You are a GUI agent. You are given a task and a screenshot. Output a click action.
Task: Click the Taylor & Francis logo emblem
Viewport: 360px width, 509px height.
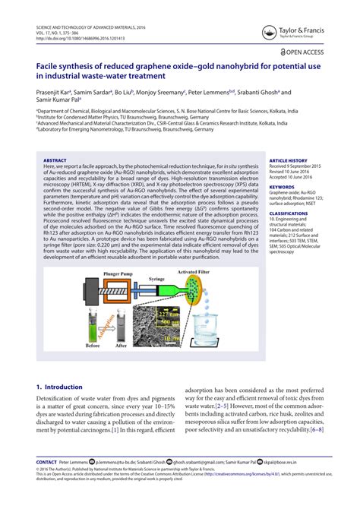pos(267,32)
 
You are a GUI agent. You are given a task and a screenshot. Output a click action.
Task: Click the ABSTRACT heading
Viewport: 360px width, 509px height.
pos(55,161)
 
